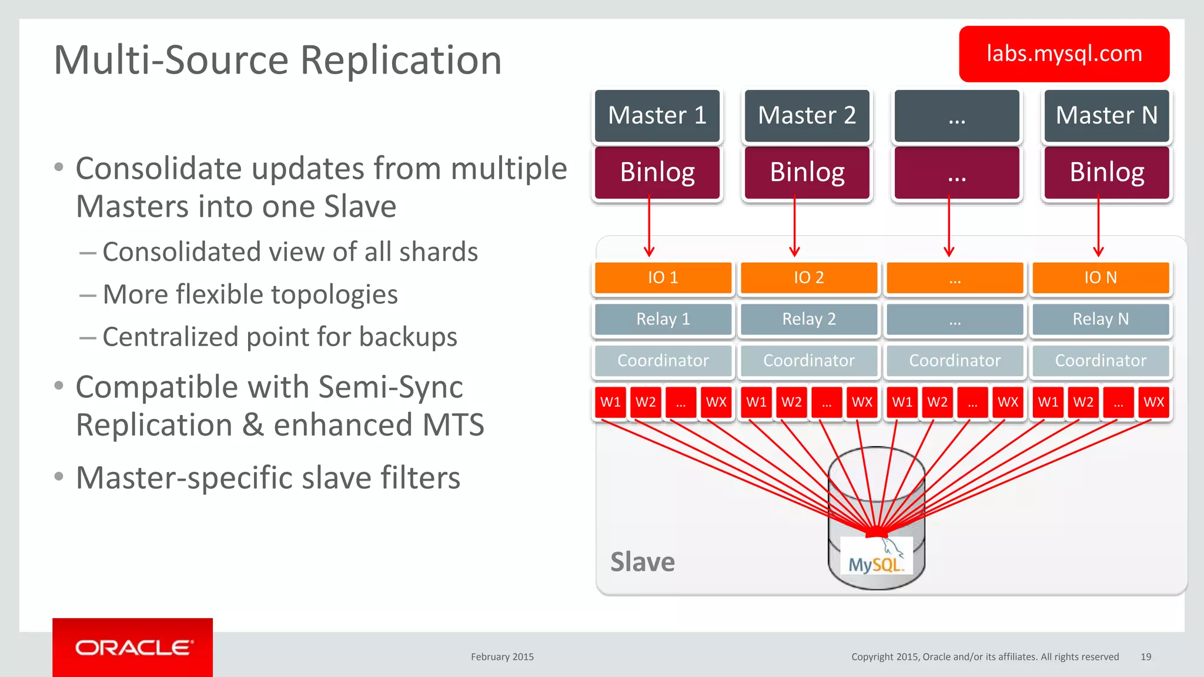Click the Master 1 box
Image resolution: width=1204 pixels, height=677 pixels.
pos(657,115)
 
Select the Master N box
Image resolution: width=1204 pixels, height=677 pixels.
pos(1106,115)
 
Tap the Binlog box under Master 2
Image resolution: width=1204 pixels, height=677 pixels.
pos(807,172)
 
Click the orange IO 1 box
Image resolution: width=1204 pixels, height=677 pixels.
pos(663,277)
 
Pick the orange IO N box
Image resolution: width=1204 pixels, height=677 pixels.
pos(1101,277)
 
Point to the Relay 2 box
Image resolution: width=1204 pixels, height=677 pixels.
pos(808,319)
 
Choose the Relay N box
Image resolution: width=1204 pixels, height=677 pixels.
pos(1101,319)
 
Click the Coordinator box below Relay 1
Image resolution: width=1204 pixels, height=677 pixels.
pos(663,360)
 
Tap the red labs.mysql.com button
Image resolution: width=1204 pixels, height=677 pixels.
pos(1063,54)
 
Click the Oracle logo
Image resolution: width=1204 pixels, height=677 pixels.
pos(133,648)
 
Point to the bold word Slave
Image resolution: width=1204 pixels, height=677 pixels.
pos(643,562)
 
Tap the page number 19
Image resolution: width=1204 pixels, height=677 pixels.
pos(1145,657)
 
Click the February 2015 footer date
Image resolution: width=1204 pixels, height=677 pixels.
pos(502,657)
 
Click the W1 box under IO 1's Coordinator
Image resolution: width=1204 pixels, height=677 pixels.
pos(610,402)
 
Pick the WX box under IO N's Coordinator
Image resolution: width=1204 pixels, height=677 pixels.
pos(1153,402)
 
